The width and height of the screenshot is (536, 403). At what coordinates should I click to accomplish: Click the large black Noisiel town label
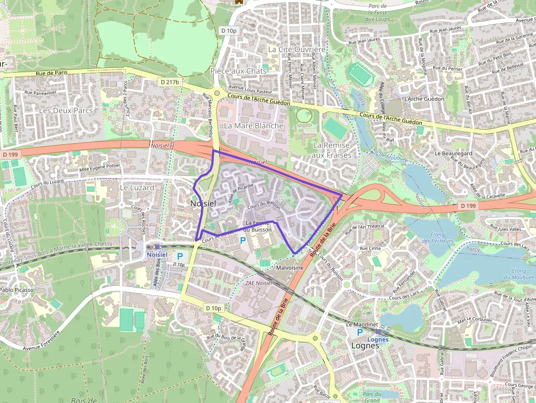point(203,203)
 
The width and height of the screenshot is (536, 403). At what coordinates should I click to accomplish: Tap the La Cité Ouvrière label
point(296,49)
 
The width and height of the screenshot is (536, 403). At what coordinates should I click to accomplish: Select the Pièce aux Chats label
point(238,71)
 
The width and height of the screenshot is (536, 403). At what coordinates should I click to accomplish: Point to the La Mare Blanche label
point(254,126)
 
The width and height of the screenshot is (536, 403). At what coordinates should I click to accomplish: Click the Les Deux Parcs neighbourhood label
point(66,110)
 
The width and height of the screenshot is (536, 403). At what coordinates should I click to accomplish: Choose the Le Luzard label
point(137,188)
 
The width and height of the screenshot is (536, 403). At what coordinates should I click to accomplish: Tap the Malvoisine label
point(290,268)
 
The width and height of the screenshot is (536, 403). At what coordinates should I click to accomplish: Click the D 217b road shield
point(170,81)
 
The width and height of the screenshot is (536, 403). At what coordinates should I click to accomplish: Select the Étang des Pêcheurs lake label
point(438,237)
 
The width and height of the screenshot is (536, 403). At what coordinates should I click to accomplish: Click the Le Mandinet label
point(363,324)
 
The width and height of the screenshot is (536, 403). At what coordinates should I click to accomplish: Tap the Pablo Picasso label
point(16,290)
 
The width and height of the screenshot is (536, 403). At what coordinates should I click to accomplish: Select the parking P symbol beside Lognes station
point(359,332)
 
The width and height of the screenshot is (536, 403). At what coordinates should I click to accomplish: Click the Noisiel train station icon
point(158,247)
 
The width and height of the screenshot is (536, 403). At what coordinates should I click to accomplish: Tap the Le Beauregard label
point(453,154)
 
